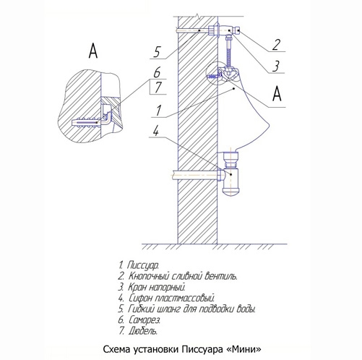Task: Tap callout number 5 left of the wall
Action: click(156, 52)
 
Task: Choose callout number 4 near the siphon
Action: click(156, 132)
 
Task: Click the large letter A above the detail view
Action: click(92, 50)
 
